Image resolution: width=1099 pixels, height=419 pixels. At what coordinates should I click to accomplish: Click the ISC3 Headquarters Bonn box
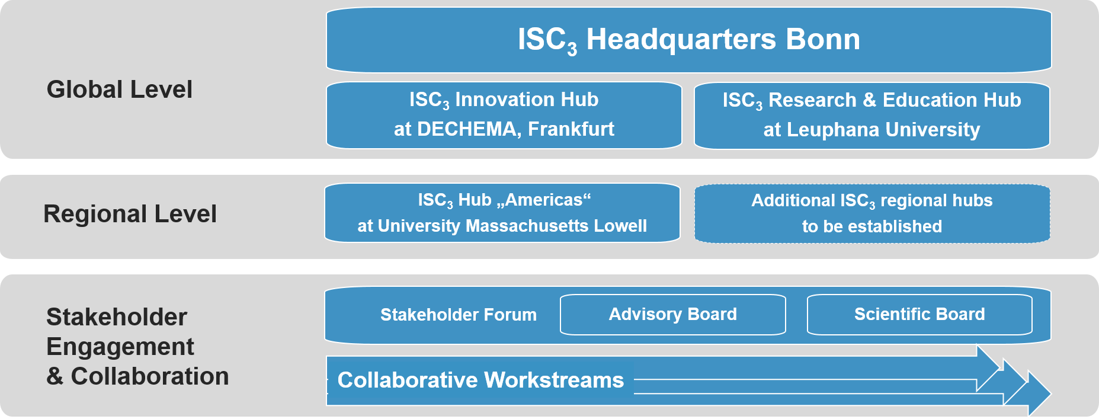point(688,40)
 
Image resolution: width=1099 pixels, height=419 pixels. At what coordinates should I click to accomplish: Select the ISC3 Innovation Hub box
point(504,115)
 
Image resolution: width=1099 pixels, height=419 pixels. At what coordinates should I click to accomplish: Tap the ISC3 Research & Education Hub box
point(871,116)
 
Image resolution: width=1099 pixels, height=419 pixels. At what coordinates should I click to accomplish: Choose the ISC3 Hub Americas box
point(502,213)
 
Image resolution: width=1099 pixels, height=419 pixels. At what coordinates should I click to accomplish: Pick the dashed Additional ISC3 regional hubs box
point(872,213)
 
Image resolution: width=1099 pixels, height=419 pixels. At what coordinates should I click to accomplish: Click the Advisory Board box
point(673,315)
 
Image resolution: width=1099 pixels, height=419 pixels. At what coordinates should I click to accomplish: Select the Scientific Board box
point(919,315)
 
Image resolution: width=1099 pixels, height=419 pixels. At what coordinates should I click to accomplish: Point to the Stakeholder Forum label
point(459,315)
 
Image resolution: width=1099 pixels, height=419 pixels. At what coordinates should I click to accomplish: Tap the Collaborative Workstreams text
point(480,380)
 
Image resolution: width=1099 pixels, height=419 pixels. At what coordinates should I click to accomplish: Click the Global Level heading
point(120,89)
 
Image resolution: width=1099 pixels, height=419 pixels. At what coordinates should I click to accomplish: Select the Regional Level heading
point(130,214)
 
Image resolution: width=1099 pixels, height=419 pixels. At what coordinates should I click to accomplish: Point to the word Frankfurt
point(571,129)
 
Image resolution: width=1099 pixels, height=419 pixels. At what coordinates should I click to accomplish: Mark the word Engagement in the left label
point(120,347)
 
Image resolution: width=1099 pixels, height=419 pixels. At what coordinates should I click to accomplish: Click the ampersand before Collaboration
point(55,376)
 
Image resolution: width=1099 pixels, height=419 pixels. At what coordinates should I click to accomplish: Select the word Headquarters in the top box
point(681,40)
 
